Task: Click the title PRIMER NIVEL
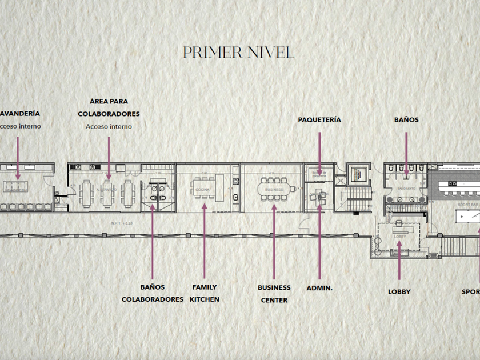point(238,53)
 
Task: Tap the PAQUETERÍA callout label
point(319,120)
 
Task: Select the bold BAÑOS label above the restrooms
point(406,120)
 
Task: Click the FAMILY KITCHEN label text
point(205,293)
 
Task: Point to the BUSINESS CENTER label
point(274,294)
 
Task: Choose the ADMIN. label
point(319,288)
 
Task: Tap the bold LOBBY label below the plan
point(399,292)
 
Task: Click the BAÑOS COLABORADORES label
point(153,293)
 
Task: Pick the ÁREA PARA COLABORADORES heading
point(109,107)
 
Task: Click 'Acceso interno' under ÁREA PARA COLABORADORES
point(109,127)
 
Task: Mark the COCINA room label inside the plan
point(202,189)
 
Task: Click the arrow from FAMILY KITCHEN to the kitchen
point(204,240)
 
